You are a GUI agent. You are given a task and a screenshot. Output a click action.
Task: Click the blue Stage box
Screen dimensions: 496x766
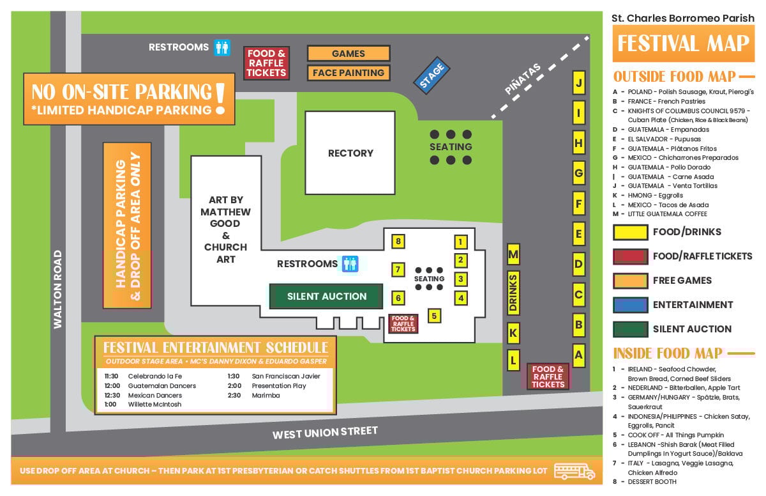432,76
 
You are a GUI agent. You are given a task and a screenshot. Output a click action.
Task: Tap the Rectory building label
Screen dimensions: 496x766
350,153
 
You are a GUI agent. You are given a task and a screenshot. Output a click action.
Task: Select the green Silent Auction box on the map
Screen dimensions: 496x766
326,297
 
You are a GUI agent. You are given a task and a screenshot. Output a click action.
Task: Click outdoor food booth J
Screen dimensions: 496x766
578,82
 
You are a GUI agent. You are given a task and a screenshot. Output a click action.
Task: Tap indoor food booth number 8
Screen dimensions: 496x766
398,242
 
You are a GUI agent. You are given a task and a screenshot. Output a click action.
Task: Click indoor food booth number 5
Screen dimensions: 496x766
434,315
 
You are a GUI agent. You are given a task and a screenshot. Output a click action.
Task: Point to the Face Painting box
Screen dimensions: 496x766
349,73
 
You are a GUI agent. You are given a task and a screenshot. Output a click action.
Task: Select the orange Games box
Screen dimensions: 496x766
349,54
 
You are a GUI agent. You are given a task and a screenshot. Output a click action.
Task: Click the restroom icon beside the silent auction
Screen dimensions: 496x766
350,263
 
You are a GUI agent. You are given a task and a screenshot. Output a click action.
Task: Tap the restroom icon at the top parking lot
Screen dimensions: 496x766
222,47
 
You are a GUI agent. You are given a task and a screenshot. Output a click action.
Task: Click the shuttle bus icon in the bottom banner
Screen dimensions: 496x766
574,471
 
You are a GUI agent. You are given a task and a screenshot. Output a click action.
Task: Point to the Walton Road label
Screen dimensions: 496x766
58,289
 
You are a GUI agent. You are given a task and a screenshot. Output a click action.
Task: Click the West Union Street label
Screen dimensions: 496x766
325,433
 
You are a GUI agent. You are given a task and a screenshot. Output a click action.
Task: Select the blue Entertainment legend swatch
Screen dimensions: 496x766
629,305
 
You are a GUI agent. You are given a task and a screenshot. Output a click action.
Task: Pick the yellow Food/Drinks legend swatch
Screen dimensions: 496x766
629,232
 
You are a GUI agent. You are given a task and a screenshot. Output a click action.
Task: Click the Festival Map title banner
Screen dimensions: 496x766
683,43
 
